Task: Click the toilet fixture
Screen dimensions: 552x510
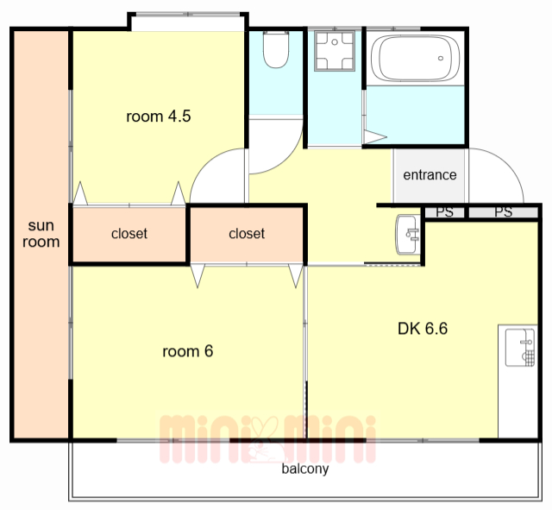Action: click(276, 49)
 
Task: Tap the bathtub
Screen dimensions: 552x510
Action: click(415, 58)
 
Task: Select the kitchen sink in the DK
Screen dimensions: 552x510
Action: click(520, 348)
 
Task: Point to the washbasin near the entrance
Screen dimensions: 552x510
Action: click(408, 234)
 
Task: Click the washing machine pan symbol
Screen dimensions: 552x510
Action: click(335, 51)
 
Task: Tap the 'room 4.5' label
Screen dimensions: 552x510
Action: click(159, 116)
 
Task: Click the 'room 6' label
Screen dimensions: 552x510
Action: click(188, 351)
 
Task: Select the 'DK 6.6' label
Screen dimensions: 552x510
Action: click(423, 329)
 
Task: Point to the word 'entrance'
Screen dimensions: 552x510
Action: click(430, 174)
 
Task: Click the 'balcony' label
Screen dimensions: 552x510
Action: click(305, 469)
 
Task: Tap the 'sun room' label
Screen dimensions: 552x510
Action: click(41, 234)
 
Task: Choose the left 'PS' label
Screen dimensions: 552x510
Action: click(445, 212)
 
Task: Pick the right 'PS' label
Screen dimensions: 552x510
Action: click(504, 212)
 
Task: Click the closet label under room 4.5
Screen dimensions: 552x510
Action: click(129, 234)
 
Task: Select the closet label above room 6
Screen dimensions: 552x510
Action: click(247, 234)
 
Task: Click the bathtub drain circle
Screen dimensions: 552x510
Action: click(441, 58)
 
